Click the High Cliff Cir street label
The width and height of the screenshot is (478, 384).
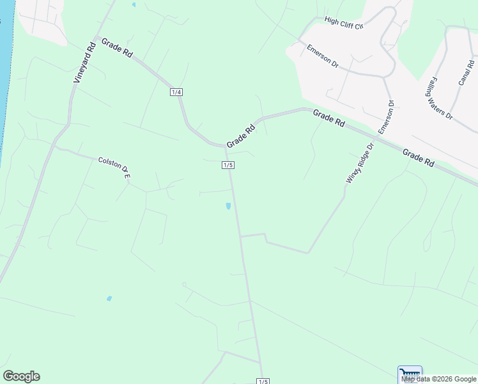(343, 22)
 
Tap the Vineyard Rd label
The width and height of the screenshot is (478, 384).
(84, 62)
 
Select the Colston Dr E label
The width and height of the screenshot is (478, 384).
(114, 166)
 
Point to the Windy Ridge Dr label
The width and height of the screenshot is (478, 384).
(359, 163)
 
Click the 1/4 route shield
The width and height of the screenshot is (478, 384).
(176, 92)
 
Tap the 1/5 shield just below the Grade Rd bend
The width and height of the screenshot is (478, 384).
(228, 165)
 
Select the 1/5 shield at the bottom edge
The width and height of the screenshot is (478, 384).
(263, 381)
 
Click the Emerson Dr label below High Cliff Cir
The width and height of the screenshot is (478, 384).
(322, 56)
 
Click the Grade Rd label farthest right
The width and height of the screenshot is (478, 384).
(419, 157)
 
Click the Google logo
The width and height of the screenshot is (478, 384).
(21, 376)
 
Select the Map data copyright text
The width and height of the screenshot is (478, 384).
(439, 379)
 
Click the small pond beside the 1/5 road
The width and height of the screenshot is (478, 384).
(228, 206)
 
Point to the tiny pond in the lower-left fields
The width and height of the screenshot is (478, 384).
(109, 298)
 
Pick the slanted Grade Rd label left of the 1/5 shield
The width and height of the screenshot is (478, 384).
(240, 134)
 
